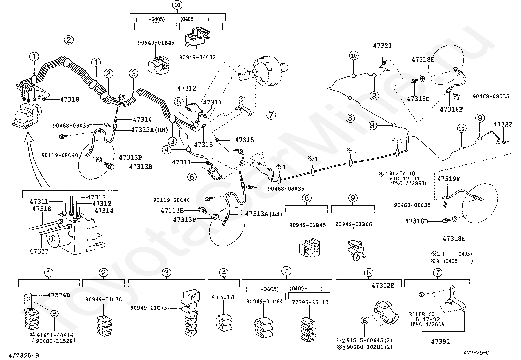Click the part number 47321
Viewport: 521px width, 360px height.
pyautogui.click(x=382, y=46)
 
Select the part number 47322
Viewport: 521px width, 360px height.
pyautogui.click(x=503, y=124)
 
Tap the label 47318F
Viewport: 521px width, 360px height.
pyautogui.click(x=451, y=109)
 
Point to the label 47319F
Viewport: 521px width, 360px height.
pyautogui.click(x=449, y=179)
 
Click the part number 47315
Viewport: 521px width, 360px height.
pyautogui.click(x=244, y=140)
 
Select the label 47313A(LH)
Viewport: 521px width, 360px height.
pyautogui.click(x=263, y=214)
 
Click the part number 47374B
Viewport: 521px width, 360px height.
pyautogui.click(x=59, y=295)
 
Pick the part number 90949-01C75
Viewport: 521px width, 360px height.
pyautogui.click(x=148, y=308)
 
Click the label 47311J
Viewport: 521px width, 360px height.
pyautogui.click(x=223, y=297)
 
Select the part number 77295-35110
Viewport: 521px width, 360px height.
pyautogui.click(x=310, y=302)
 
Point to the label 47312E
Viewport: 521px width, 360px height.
pyautogui.click(x=383, y=285)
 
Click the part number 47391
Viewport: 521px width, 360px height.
pyautogui.click(x=440, y=342)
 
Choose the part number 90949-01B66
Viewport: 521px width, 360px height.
pyautogui.click(x=353, y=224)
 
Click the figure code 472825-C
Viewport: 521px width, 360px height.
pyautogui.click(x=476, y=352)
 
